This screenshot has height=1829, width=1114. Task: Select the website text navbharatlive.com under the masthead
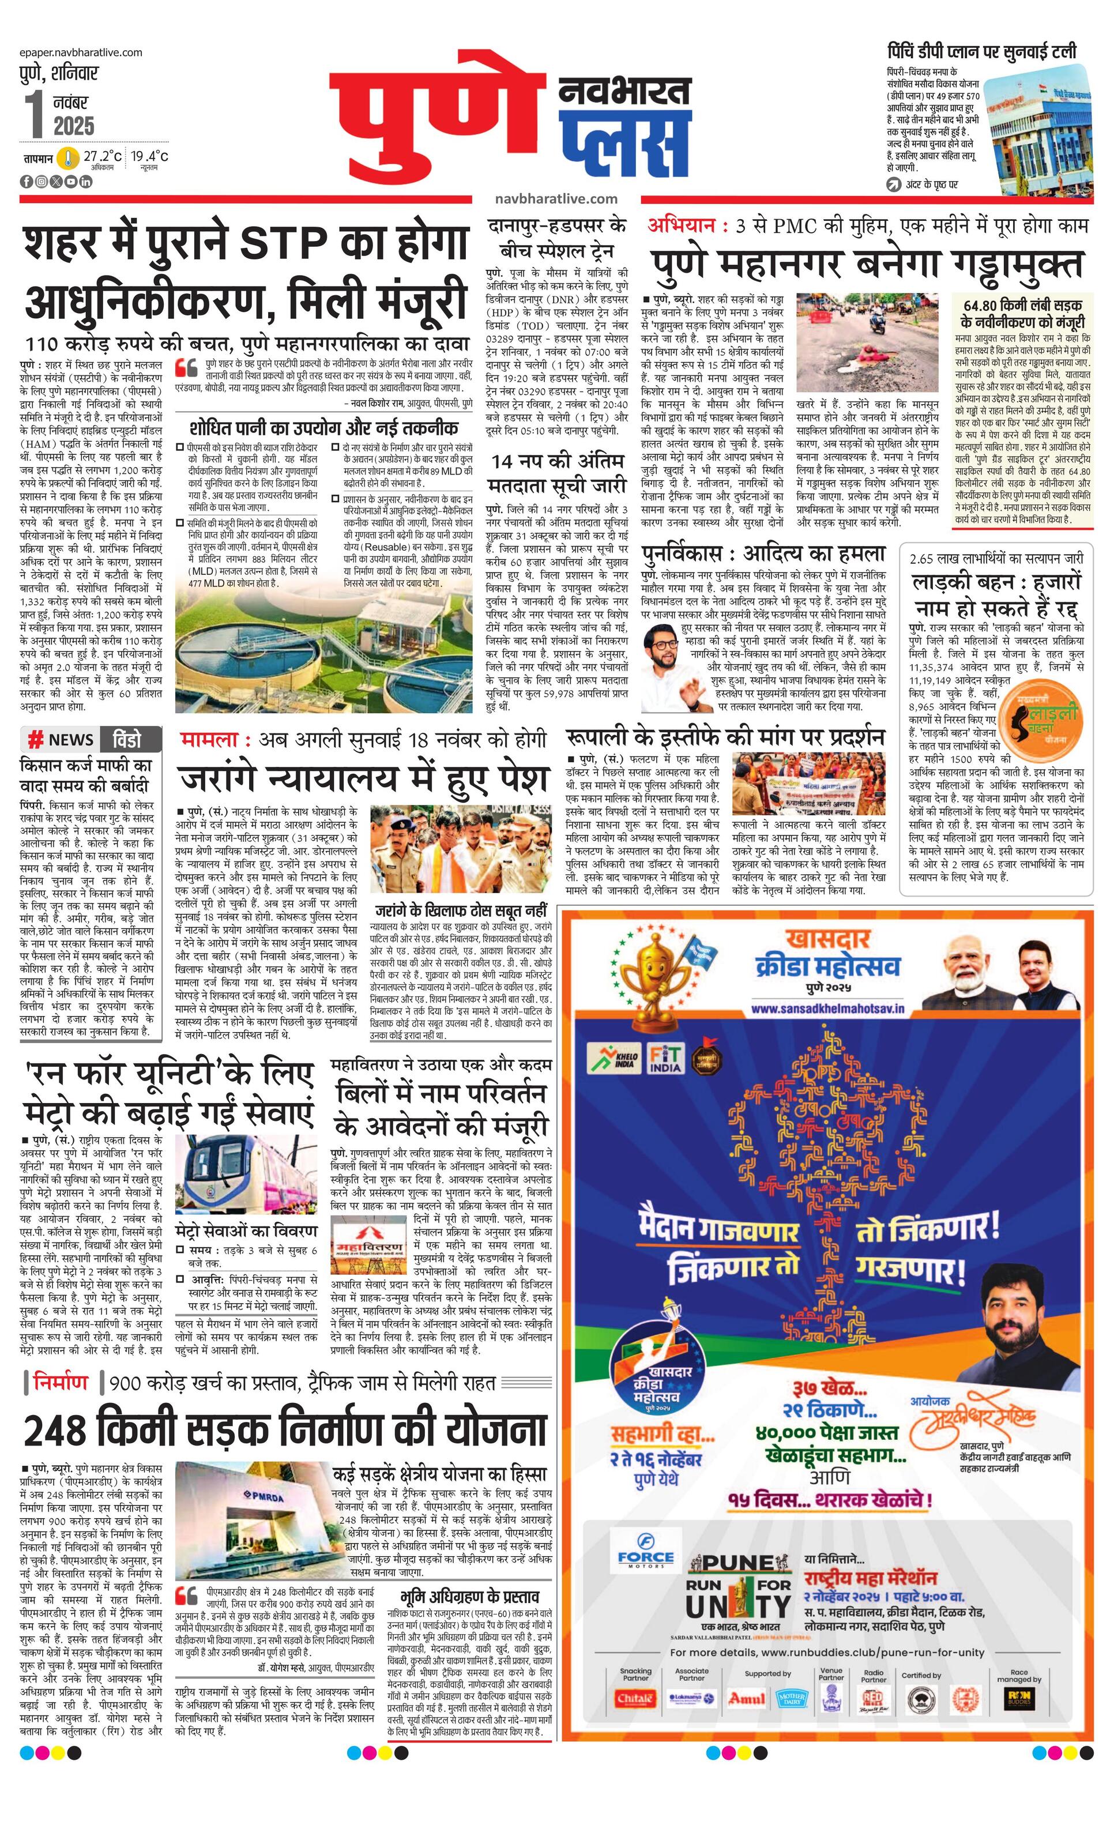[x=556, y=198]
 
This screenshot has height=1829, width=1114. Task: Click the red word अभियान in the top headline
[x=682, y=225]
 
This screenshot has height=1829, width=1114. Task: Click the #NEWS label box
[x=61, y=739]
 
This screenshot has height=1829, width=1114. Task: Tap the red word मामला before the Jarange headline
[x=209, y=739]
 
